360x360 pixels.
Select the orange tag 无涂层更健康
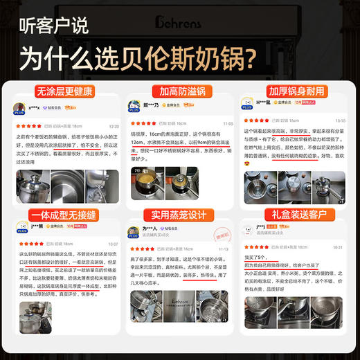pos(65,91)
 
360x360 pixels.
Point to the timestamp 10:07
pos(113,244)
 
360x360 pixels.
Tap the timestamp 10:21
pos(337,246)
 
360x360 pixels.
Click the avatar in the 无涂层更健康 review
pos(20,108)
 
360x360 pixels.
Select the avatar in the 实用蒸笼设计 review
pos(134,232)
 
